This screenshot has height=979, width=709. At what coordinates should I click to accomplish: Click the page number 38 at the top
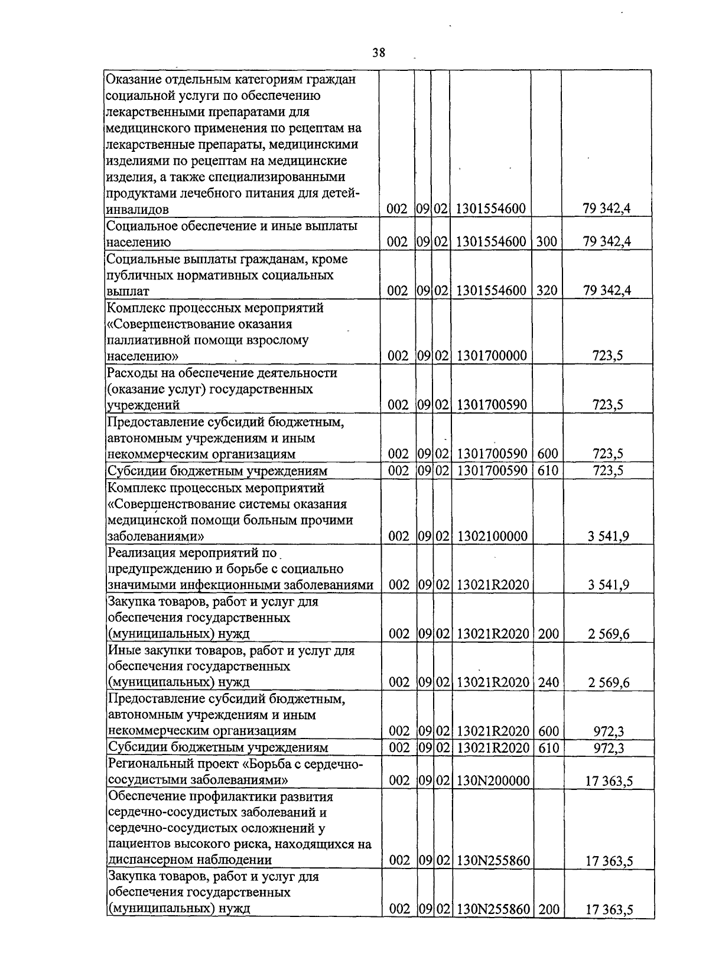coord(379,53)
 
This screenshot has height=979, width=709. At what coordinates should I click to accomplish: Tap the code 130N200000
coord(492,780)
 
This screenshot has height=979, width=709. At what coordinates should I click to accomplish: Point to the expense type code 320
coord(547,291)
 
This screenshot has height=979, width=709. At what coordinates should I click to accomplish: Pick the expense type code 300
coord(547,242)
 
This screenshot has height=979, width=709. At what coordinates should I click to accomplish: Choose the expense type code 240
coord(548,682)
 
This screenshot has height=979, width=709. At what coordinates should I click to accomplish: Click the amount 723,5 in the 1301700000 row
coord(607,356)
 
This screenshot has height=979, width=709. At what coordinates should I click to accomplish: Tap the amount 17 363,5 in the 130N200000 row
coord(609,781)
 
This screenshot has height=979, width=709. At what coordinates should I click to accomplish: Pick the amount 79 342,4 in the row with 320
coord(606,291)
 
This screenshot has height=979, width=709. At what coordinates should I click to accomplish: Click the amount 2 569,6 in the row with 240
coord(609,683)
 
